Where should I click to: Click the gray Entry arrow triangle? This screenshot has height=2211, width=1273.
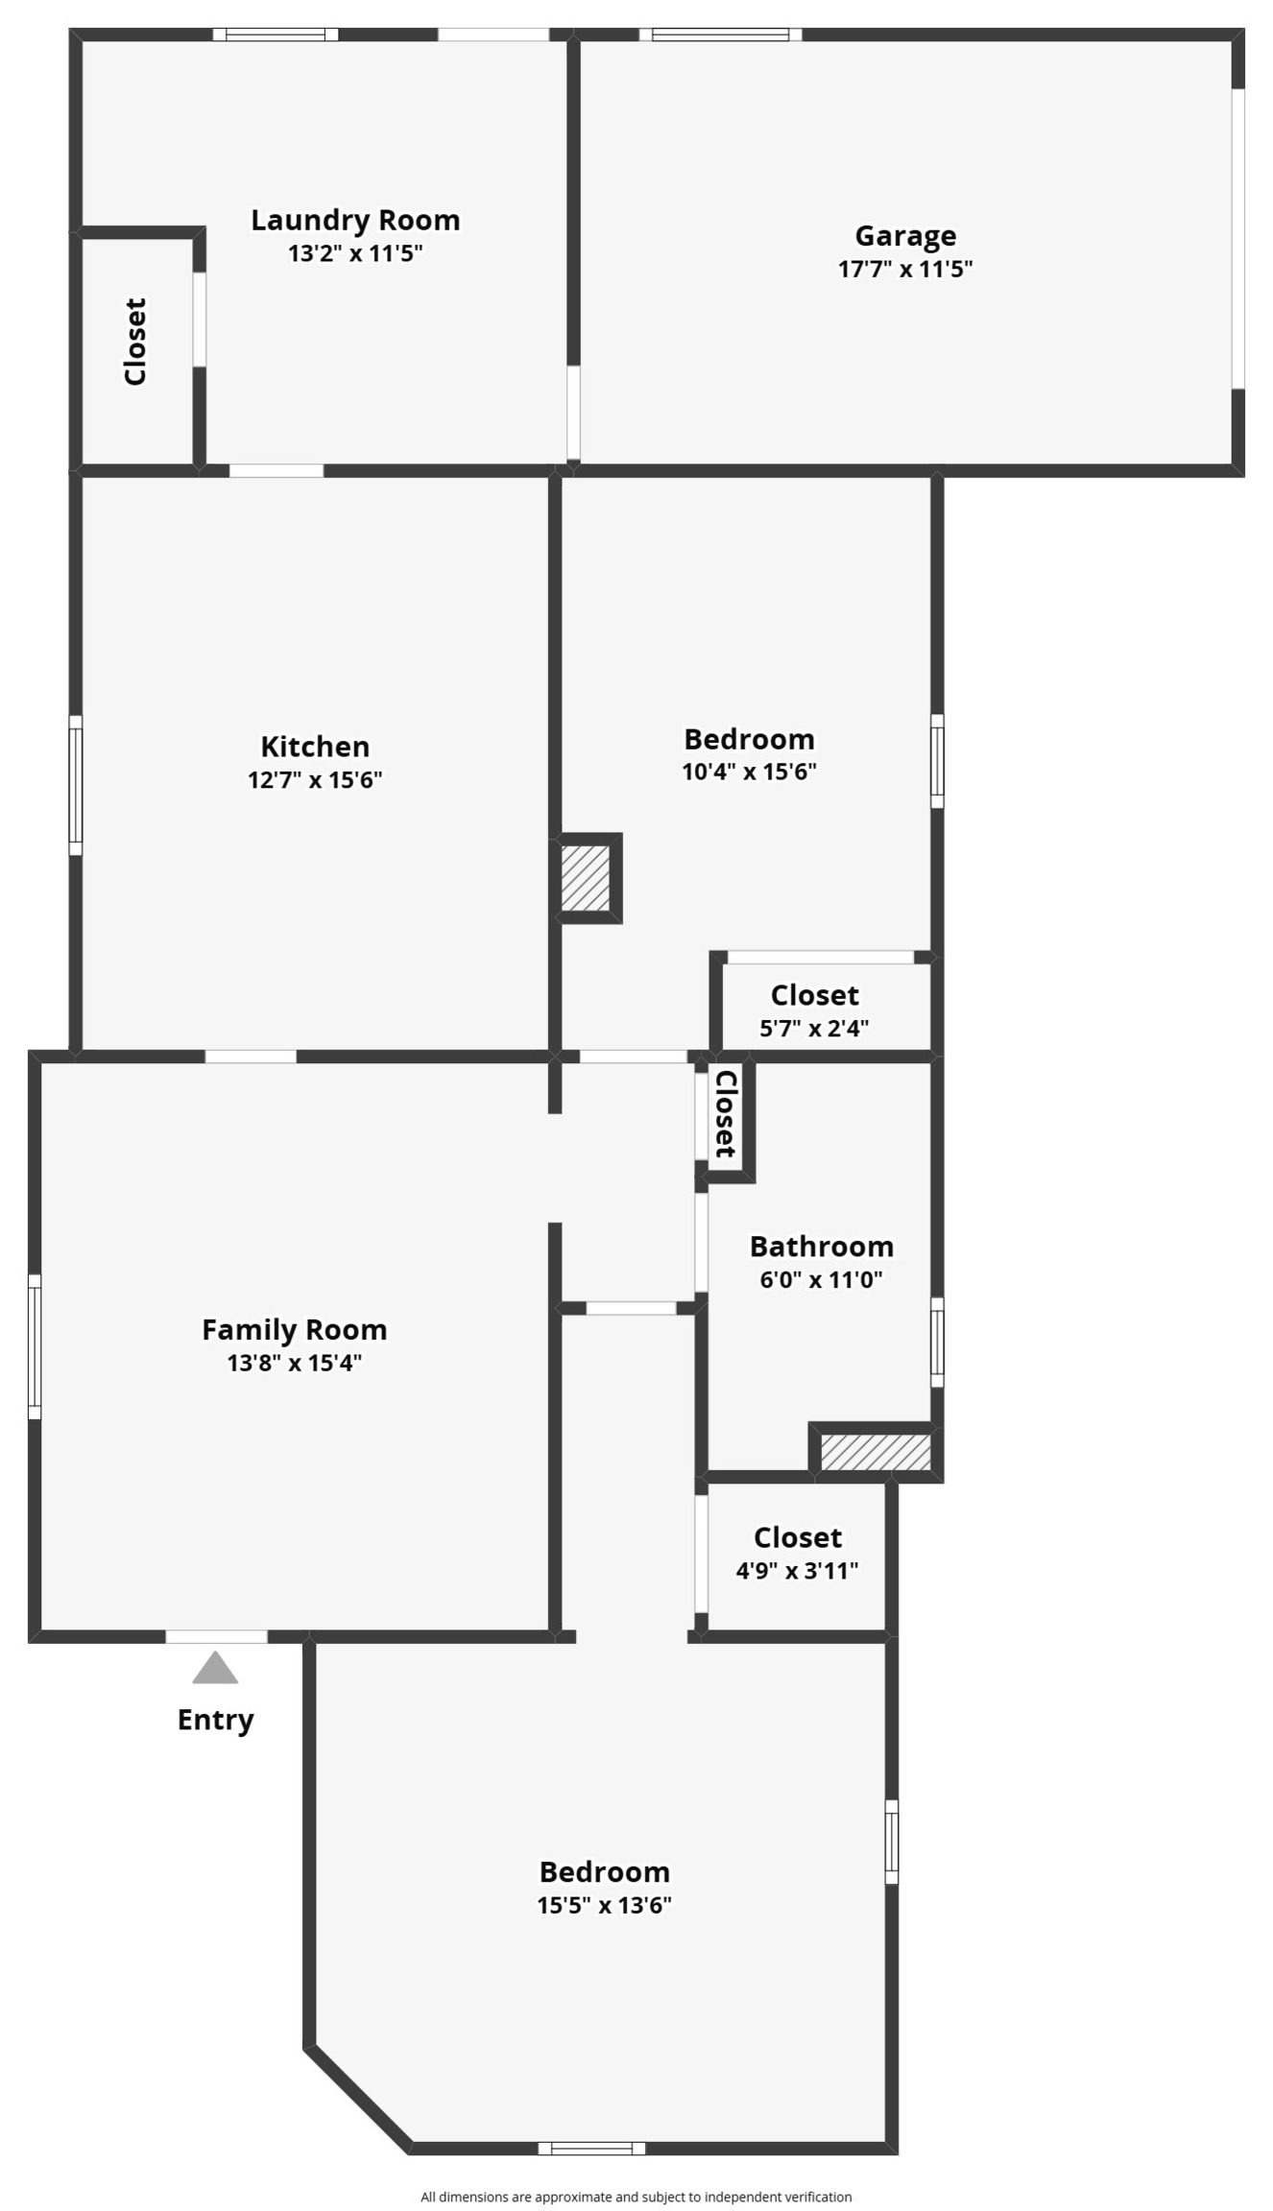tap(215, 1669)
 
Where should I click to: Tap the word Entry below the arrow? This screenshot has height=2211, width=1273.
tap(215, 1720)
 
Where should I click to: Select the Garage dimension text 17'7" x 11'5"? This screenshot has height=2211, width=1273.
tap(904, 269)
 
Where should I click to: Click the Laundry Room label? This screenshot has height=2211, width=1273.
tap(355, 220)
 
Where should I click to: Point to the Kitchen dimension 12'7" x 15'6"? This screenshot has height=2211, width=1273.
tap(315, 779)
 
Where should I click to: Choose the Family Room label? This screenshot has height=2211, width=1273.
tap(295, 1329)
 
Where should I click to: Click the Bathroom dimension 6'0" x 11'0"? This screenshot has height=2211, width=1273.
tap(821, 1279)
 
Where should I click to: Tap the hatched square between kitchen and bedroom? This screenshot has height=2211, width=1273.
tap(586, 877)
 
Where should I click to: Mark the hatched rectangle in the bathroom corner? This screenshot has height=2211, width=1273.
tap(876, 1452)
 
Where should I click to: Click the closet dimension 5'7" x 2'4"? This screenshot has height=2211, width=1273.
tap(814, 1028)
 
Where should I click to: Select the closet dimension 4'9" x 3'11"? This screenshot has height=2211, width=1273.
tap(797, 1570)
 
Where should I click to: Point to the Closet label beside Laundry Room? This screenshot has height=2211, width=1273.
tap(136, 342)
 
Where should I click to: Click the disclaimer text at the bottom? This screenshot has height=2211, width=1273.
tap(636, 2197)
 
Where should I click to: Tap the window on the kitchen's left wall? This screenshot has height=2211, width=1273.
tap(75, 784)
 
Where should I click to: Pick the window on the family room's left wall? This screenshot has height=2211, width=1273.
tap(35, 1345)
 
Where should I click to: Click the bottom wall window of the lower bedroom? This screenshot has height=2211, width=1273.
tap(591, 2148)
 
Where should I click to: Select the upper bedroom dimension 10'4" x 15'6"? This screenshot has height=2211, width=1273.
tap(749, 772)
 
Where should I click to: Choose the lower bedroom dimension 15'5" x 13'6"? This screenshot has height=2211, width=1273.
tap(604, 1905)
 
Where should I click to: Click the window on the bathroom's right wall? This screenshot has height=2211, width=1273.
tap(937, 1342)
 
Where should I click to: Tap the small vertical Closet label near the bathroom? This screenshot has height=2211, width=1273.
tap(726, 1113)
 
